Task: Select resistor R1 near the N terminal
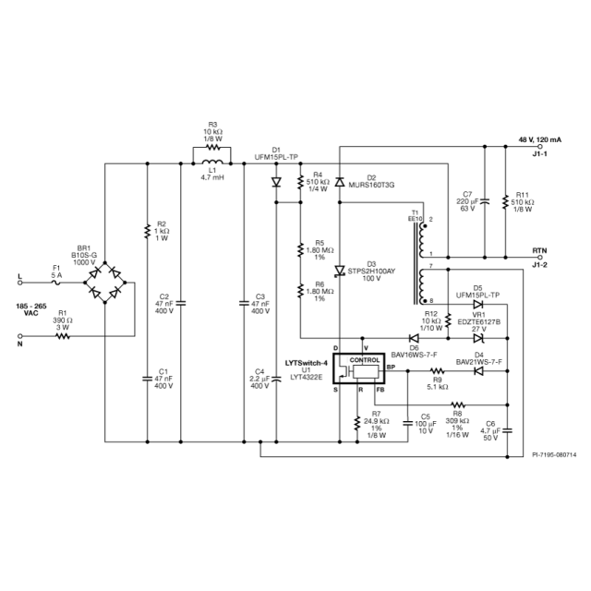tap(62, 337)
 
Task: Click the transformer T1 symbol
tap(426, 260)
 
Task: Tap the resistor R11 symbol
tap(506, 202)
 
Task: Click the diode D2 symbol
tap(339, 180)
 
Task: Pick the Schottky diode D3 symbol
tap(339, 271)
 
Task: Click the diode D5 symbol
tap(477, 301)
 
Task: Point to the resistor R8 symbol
tap(458, 404)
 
